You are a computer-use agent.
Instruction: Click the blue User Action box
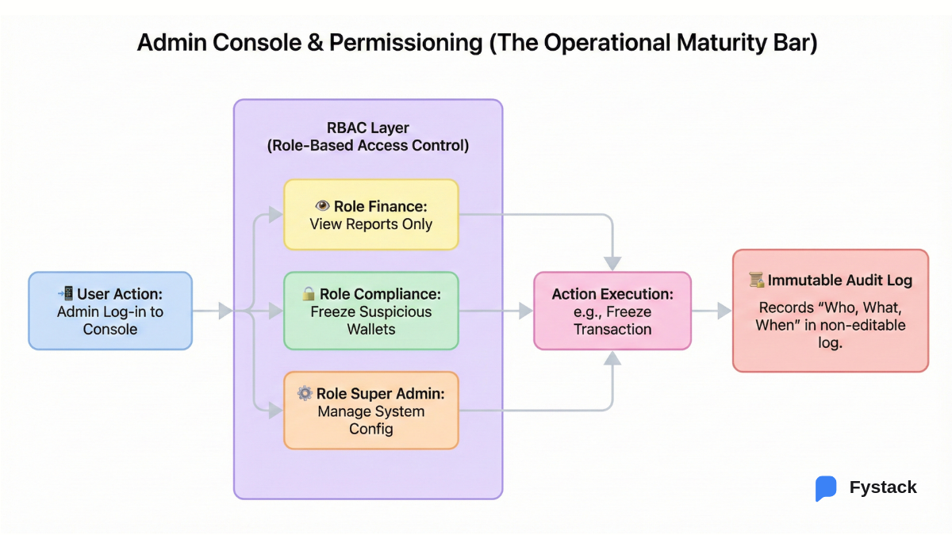pyautogui.click(x=110, y=311)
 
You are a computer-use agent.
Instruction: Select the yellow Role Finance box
pyautogui.click(x=371, y=215)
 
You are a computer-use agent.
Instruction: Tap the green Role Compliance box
pyautogui.click(x=371, y=311)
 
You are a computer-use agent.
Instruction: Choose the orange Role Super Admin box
pyautogui.click(x=371, y=411)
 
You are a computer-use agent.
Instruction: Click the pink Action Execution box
pyautogui.click(x=612, y=311)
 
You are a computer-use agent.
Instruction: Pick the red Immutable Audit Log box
pyautogui.click(x=831, y=311)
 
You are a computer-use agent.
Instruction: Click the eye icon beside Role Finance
pyautogui.click(x=322, y=206)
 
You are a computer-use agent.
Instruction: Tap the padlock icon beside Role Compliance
pyautogui.click(x=309, y=294)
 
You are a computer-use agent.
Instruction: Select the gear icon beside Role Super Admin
pyautogui.click(x=305, y=394)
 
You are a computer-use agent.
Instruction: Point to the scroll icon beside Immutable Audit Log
pyautogui.click(x=756, y=280)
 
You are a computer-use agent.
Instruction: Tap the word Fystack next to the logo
pyautogui.click(x=883, y=487)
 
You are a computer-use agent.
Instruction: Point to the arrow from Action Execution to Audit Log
pyautogui.click(x=712, y=311)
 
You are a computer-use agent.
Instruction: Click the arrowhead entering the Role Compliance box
pyautogui.click(x=275, y=311)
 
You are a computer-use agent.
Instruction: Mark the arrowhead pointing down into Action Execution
pyautogui.click(x=612, y=263)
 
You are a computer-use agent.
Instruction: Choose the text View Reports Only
pyautogui.click(x=371, y=224)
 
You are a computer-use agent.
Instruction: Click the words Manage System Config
pyautogui.click(x=371, y=420)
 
